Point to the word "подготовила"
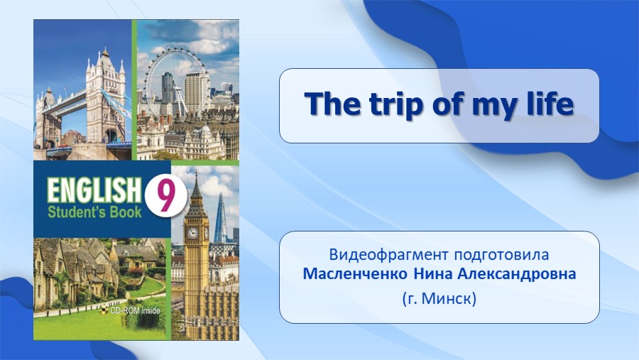502,255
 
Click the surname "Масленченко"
355,274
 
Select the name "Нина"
433,274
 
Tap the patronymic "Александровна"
516,274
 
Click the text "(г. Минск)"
439,299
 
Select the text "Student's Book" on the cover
94,212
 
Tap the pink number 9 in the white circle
165,196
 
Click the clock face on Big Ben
192,233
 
